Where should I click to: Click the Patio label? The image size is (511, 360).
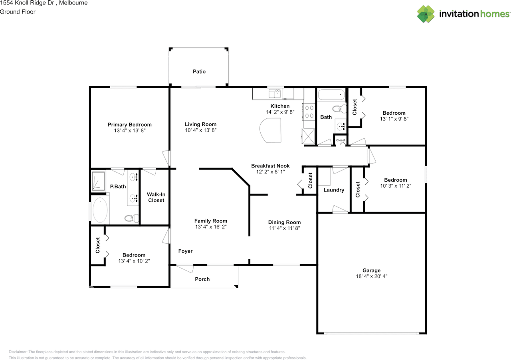point(199,72)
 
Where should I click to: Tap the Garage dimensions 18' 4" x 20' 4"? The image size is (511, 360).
point(372,276)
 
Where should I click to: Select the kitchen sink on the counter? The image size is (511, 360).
point(275,93)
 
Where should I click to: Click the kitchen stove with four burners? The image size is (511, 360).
point(309,111)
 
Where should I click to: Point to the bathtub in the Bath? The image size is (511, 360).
point(331,95)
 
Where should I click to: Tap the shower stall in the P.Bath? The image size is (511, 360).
point(98,181)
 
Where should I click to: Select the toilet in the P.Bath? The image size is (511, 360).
point(131,218)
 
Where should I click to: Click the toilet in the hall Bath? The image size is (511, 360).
point(339,109)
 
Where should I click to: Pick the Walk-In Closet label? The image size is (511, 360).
point(156,197)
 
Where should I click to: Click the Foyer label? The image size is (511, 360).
point(185,251)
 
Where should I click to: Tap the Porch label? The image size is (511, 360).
point(202,279)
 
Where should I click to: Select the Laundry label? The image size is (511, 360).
point(334,190)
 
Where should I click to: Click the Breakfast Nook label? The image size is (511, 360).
point(270,166)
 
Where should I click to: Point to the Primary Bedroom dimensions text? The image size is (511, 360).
point(130,130)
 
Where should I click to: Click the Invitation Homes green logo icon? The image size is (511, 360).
point(426,14)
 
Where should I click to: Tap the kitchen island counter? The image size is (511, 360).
point(270,130)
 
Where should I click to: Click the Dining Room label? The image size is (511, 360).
point(284,222)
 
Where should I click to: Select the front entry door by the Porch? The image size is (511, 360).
point(185,268)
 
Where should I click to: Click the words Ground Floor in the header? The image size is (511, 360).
point(18,12)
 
